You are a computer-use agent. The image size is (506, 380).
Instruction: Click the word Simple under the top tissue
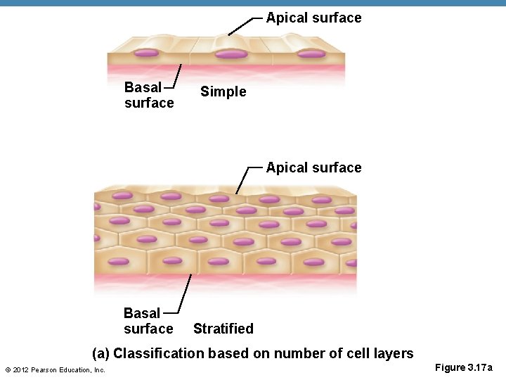coord(223,91)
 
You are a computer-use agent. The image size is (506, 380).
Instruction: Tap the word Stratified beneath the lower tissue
coord(223,329)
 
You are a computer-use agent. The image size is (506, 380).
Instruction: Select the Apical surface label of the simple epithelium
coord(313,18)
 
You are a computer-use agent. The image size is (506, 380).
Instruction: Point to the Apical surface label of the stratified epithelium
coord(313,167)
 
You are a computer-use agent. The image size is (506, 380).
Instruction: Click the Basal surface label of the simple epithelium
coord(148,95)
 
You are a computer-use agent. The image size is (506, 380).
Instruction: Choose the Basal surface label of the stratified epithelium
coord(148,321)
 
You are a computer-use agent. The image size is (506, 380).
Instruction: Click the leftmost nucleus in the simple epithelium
coord(147,53)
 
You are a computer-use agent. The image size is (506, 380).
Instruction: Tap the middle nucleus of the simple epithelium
coord(231,53)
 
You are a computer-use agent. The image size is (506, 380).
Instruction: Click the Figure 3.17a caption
coord(464,367)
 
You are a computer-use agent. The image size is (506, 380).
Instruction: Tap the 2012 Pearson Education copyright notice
coord(55,370)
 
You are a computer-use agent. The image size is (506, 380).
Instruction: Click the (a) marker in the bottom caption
coord(101,353)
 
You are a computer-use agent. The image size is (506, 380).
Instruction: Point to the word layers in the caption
coord(394,353)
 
